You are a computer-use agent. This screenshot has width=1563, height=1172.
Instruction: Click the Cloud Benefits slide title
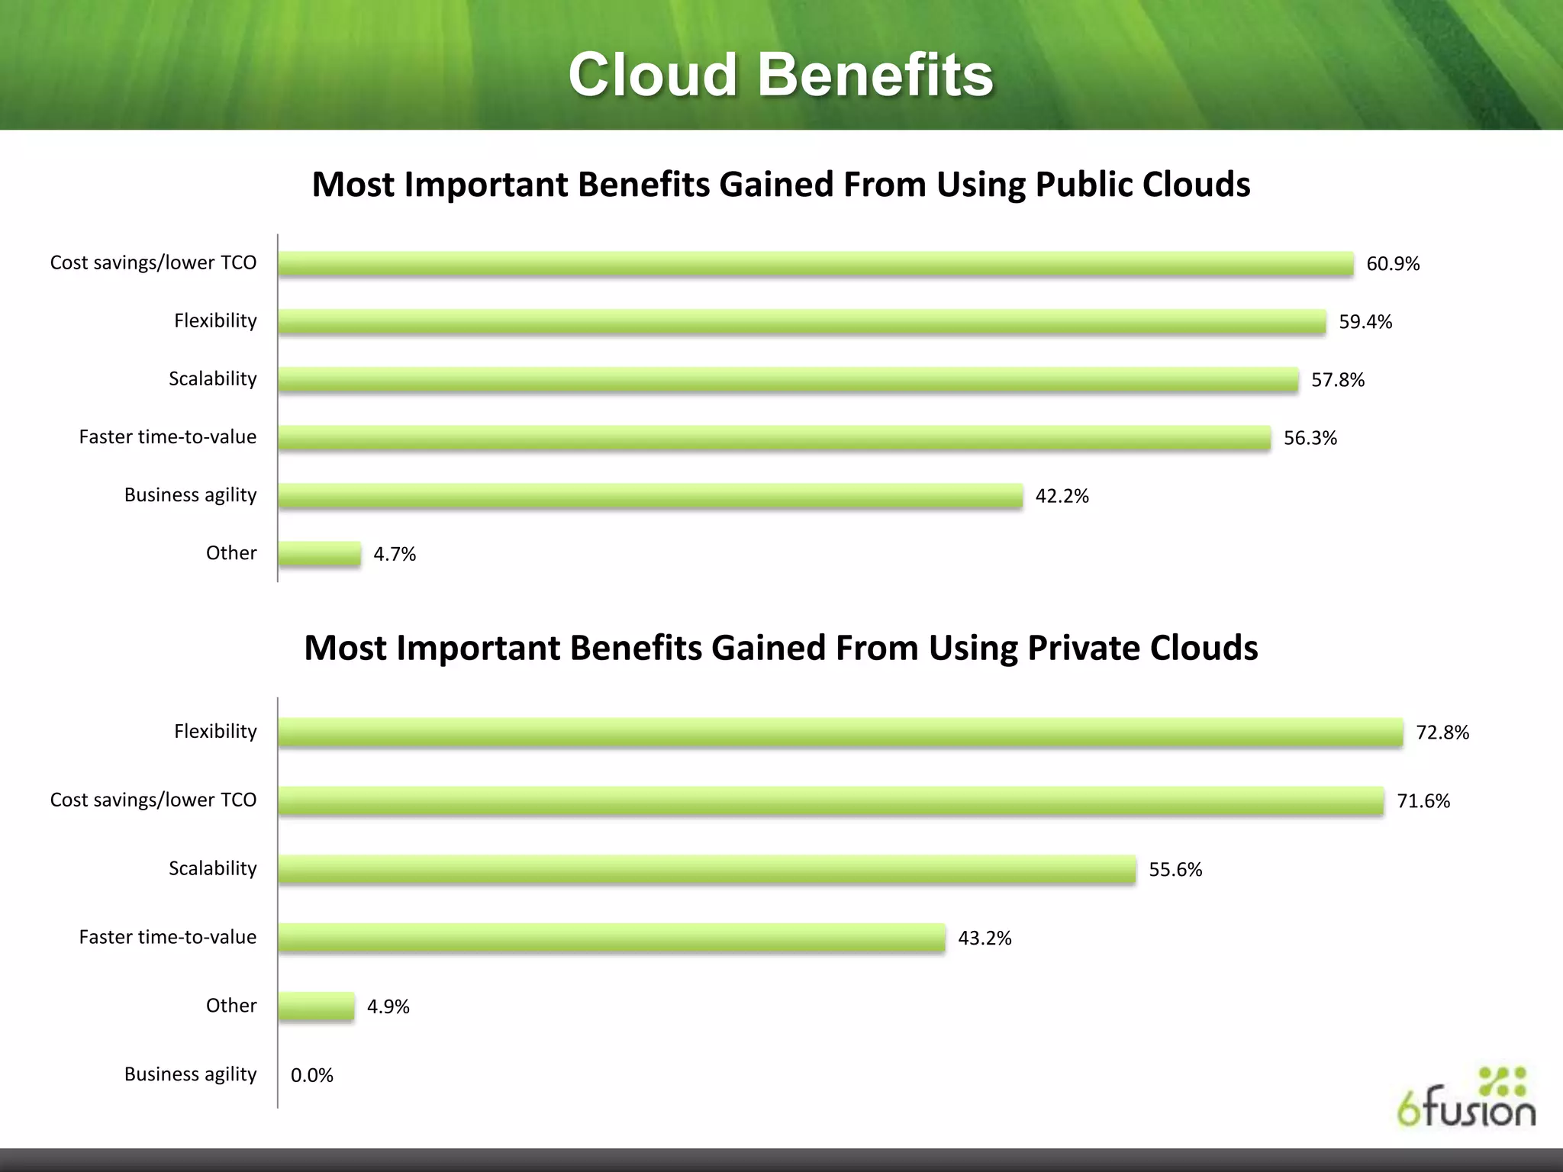[781, 76]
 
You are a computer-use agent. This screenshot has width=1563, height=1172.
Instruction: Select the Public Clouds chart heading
[781, 185]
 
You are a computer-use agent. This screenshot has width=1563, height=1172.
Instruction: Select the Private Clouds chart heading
[781, 648]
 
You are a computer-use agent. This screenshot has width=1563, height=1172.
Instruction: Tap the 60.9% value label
[1393, 264]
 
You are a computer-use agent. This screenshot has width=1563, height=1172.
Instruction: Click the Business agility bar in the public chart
[650, 496]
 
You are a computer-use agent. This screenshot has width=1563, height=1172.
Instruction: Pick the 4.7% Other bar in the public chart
[319, 554]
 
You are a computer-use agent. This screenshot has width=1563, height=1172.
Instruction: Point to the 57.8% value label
[1338, 380]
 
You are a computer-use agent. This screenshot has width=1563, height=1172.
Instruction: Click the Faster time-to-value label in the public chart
[168, 437]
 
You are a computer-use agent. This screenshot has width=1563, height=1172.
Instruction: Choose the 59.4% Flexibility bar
[801, 322]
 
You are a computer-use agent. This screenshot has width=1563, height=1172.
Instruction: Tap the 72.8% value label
[1442, 732]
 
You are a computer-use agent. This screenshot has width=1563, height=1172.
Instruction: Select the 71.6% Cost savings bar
[830, 801]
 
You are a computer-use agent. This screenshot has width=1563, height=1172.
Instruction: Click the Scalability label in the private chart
[213, 868]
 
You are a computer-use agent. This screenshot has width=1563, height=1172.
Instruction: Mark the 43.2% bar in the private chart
[611, 938]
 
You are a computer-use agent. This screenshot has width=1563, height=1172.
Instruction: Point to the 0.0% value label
[312, 1075]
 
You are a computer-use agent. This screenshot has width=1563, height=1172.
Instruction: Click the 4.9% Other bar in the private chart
[316, 1006]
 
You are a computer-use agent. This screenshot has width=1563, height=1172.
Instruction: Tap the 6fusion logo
[1466, 1098]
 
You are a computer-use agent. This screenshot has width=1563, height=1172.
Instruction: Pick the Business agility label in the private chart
[191, 1074]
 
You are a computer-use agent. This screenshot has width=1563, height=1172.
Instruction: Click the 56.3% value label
[1310, 438]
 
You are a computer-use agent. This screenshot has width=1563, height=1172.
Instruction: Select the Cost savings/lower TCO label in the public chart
[153, 263]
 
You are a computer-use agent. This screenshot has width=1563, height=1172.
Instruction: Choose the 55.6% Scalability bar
[707, 870]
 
